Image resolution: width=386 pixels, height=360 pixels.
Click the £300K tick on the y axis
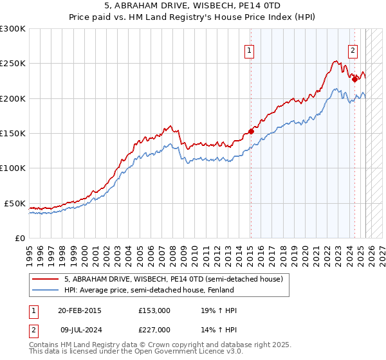(x=13, y=29)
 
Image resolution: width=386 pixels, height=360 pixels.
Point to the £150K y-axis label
(x=13, y=133)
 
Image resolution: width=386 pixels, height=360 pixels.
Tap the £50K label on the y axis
(x=15, y=203)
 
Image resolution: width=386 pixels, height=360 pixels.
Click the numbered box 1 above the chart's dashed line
(x=249, y=53)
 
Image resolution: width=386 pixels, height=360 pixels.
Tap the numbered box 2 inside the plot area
(x=353, y=53)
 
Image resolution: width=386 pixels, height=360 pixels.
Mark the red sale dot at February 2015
(x=251, y=131)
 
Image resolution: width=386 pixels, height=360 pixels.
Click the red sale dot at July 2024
(x=354, y=80)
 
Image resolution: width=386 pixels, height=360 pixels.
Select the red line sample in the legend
(x=45, y=280)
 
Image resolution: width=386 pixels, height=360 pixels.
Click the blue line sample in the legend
(x=45, y=290)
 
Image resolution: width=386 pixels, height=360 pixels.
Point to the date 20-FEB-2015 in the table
(x=80, y=310)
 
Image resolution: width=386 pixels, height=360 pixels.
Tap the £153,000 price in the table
(x=154, y=310)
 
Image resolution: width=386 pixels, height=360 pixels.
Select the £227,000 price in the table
(x=154, y=330)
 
